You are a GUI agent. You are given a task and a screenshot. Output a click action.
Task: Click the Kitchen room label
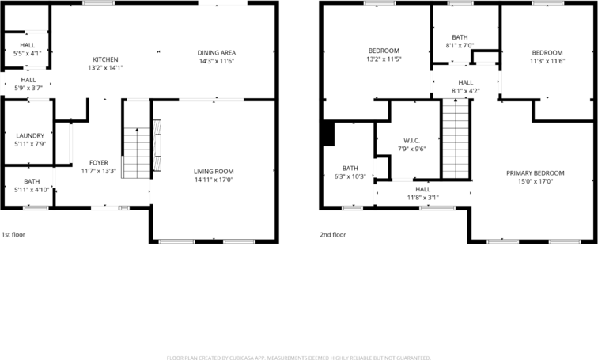tap(105, 59)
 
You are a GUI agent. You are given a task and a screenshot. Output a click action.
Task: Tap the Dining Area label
tap(217, 53)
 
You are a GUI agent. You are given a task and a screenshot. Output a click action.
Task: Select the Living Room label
tap(214, 171)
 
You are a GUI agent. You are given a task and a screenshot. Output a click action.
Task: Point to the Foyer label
tap(98, 163)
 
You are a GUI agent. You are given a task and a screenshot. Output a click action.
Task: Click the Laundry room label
tap(30, 135)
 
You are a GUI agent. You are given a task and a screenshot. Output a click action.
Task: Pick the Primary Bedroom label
tap(536, 173)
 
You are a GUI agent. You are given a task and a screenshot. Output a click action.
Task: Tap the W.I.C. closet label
tap(409, 141)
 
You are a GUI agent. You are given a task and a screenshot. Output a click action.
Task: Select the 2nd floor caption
tap(333, 234)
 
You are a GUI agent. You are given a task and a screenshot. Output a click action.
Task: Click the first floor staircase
tap(137, 152)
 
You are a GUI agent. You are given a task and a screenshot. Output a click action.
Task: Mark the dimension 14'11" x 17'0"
tap(214, 180)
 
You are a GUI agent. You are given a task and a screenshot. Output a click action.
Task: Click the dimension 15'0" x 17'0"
tap(536, 181)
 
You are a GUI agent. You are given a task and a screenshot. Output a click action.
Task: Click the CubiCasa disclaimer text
tap(298, 357)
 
